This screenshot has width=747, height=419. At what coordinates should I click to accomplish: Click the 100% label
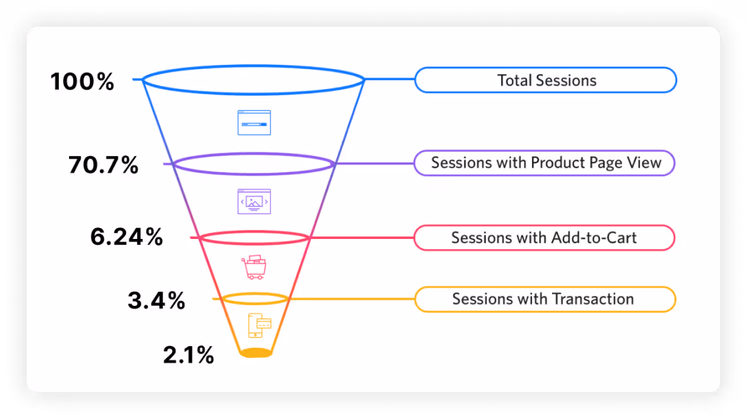(82, 82)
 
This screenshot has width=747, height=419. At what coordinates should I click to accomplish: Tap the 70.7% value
(103, 165)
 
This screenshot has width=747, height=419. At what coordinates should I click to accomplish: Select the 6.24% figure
(127, 237)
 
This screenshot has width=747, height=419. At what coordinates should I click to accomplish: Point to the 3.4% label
(156, 301)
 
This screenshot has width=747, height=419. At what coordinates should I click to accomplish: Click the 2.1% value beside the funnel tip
(188, 355)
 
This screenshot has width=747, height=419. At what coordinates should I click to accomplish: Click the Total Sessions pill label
(546, 80)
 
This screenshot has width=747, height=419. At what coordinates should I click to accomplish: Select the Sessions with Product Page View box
(545, 163)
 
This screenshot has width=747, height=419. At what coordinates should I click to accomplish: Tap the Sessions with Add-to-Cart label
(543, 238)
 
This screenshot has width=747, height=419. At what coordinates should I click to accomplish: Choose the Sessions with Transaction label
(543, 299)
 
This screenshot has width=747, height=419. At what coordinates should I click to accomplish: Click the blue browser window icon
(254, 122)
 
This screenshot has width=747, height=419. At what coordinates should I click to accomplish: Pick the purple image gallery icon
(254, 201)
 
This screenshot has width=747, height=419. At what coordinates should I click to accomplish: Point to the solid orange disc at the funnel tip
(256, 352)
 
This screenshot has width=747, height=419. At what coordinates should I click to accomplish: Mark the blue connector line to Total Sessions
(390, 80)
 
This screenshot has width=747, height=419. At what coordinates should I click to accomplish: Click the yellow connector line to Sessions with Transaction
(352, 299)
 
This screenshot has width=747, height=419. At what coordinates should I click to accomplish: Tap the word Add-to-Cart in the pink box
(594, 238)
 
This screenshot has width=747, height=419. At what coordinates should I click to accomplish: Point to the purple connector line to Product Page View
(374, 163)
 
